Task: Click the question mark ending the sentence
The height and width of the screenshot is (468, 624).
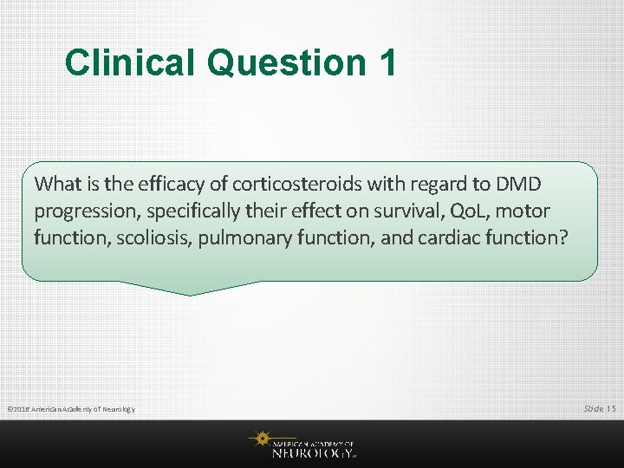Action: point(563,237)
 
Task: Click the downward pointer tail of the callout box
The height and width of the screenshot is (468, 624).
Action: point(191,288)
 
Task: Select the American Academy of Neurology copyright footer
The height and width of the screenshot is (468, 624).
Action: point(70,409)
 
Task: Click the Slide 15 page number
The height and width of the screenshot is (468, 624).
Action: point(600,408)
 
